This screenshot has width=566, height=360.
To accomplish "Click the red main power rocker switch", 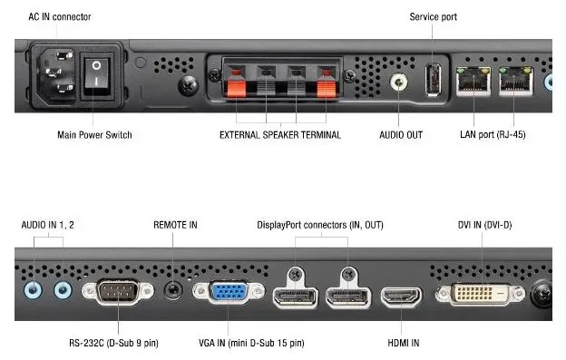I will pos(95,79).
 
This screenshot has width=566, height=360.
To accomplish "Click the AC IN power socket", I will pos(52,77).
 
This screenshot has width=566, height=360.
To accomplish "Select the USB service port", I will pos(433,77).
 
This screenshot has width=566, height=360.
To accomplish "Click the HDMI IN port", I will pos(401,297).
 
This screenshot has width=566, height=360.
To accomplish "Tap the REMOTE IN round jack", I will pos(171,291).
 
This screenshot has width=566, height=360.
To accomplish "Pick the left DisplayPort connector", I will pos(294,297).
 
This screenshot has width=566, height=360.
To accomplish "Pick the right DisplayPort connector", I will pos(347,297).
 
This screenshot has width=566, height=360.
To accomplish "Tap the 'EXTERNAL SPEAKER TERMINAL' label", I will pos(279,135).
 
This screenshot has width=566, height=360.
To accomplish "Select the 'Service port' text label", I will pos(434,17).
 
